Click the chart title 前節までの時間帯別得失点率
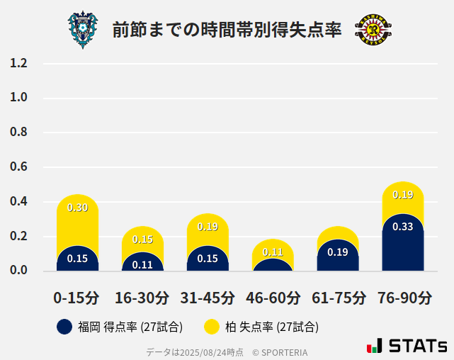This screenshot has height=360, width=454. click(x=227, y=30)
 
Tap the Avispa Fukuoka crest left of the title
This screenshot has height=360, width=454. click(x=84, y=30)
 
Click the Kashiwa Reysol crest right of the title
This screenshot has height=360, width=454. click(x=373, y=30)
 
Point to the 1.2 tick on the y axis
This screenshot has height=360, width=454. click(x=18, y=63)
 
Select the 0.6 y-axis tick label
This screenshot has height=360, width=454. click(x=18, y=167)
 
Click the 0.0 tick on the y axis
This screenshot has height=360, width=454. click(x=18, y=271)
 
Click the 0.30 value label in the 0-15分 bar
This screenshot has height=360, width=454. click(x=77, y=208)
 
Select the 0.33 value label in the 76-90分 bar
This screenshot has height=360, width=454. click(x=402, y=227)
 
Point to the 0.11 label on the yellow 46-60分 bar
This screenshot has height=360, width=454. click(x=273, y=252)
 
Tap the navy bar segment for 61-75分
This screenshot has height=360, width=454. click(x=338, y=257)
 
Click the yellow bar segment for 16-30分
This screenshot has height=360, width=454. click(x=142, y=239)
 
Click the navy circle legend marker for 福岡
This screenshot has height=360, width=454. click(x=64, y=327)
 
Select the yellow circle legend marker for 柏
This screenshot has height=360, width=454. click(x=211, y=327)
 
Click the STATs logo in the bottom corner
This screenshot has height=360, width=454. click(x=407, y=346)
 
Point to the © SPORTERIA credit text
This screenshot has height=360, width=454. click(x=280, y=351)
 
